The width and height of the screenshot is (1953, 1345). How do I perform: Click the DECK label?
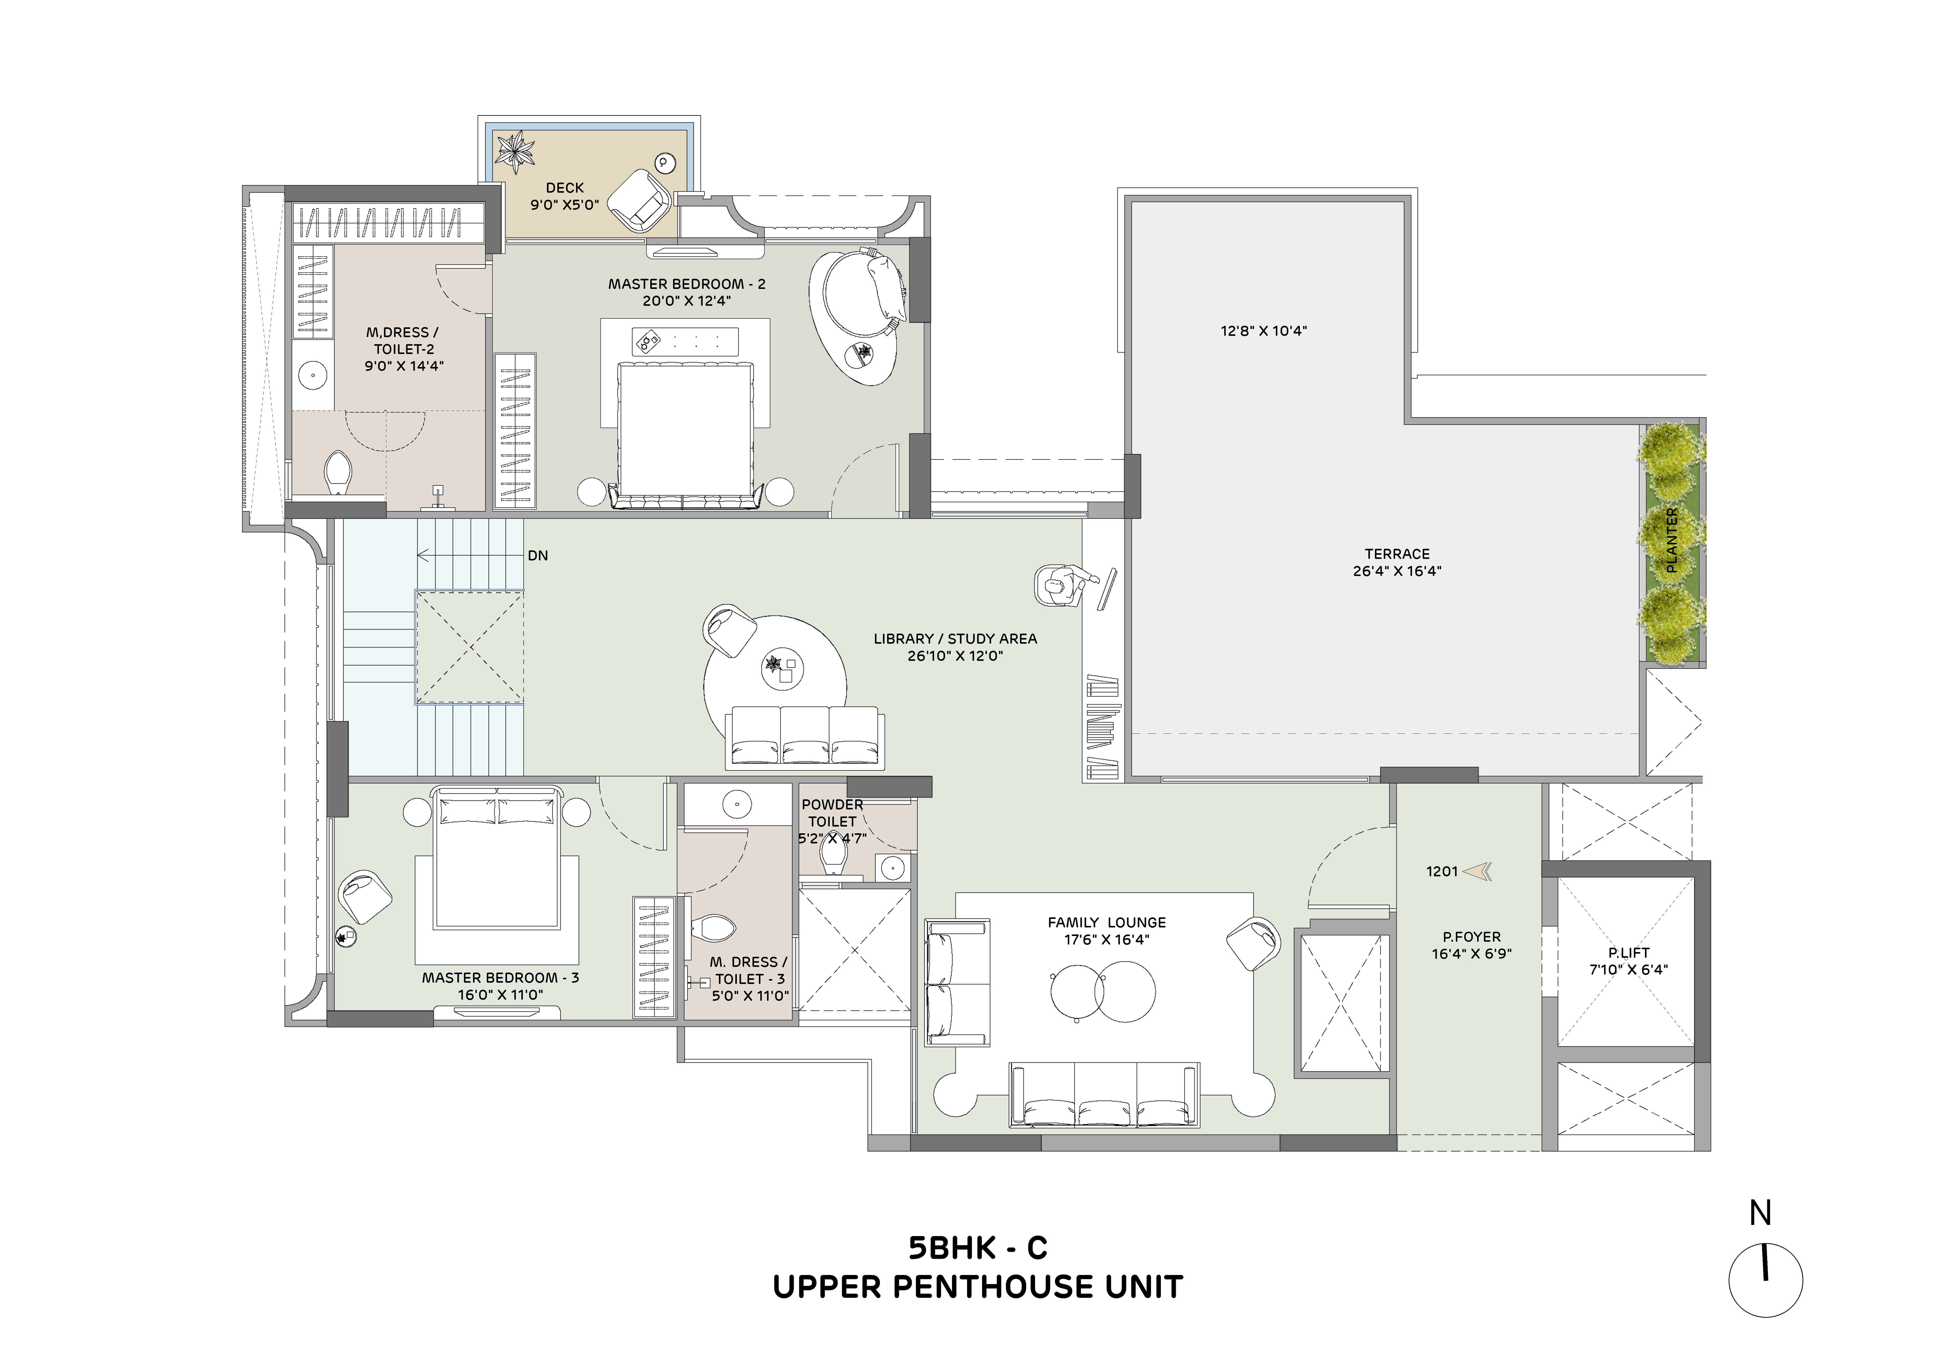565,188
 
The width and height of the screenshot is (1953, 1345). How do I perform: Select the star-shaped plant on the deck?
514,152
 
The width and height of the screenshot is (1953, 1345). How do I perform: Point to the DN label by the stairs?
538,555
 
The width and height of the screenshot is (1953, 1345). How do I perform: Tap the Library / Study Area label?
955,639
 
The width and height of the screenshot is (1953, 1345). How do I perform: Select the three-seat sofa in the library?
805,737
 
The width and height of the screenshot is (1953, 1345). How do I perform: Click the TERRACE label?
1397,554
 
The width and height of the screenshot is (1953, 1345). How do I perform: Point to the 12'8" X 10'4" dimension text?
1264,331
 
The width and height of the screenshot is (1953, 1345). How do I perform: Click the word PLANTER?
1672,540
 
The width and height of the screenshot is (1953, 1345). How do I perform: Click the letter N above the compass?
1760,1214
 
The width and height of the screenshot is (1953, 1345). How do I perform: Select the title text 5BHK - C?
978,1247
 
